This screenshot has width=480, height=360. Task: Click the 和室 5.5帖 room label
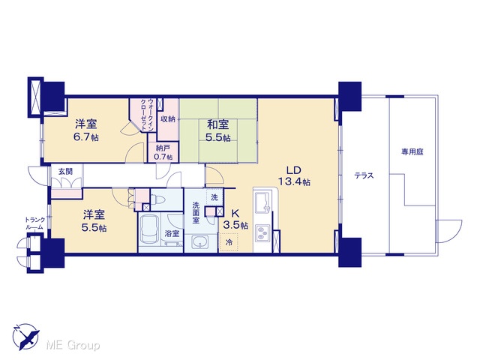coord(218,130)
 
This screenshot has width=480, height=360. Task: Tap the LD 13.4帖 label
coord(294,176)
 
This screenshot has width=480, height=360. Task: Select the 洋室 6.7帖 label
coord(86,130)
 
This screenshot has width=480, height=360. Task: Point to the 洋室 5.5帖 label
coord(94,221)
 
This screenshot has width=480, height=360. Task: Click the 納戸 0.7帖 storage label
coord(163,152)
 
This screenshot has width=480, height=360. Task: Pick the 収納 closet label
coord(168,118)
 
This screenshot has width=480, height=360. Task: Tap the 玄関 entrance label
coord(65,172)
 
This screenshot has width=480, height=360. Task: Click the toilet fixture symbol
coord(158,200)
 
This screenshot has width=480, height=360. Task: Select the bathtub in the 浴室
coord(149,230)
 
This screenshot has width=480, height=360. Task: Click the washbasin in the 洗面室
coord(200,242)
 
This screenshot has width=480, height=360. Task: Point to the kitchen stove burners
coord(262,232)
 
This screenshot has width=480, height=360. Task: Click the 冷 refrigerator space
coord(229,242)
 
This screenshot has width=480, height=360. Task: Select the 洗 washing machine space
coord(214,197)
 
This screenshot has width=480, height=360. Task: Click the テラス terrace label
coord(364,175)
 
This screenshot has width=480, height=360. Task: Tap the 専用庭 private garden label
coord(412,151)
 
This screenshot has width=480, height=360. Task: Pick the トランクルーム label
coord(35,223)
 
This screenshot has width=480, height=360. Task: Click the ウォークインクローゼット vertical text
coord(146,115)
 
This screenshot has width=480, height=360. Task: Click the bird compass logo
coord(25,337)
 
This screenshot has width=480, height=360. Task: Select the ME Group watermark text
coord(73,346)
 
